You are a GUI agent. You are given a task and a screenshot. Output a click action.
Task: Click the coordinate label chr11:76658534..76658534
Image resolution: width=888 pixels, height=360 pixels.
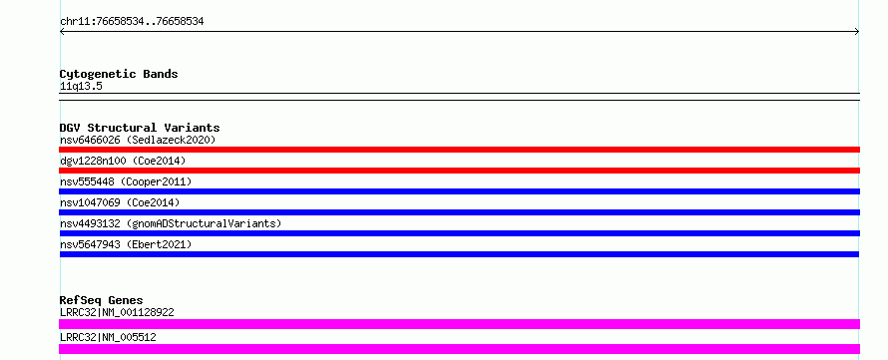[132, 22]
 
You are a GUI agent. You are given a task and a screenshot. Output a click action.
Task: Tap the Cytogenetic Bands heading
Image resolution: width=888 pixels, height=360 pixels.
[119, 74]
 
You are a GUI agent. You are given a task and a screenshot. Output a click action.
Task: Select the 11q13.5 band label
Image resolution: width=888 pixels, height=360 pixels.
[81, 86]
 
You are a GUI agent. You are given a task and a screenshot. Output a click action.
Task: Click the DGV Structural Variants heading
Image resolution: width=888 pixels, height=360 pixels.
[140, 128]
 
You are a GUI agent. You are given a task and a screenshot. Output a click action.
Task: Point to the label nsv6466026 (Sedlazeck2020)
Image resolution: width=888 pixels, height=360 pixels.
[138, 140]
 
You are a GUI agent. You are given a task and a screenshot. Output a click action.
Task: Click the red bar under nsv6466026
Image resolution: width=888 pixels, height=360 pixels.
[459, 150]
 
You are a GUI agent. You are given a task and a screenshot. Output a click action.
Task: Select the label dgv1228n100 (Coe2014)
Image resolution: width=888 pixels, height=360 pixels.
[123, 161]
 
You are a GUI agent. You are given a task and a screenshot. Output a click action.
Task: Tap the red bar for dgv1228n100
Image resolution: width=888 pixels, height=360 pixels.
[459, 171]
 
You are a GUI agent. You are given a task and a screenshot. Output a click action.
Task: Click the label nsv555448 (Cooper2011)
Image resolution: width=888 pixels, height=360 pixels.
[126, 181]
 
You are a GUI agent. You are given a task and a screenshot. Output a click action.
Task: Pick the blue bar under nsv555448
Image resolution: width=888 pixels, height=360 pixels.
[459, 191]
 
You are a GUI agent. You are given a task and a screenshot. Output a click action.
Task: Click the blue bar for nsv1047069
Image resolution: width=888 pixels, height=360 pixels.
[459, 212]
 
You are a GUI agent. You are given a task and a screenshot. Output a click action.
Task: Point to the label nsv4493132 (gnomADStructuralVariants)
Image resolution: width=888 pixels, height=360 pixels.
[171, 223]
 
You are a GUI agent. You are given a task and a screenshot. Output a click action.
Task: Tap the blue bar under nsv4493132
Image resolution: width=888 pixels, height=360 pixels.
[459, 233]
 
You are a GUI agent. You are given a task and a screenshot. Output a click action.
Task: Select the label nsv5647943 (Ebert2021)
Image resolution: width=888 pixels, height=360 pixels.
[126, 244]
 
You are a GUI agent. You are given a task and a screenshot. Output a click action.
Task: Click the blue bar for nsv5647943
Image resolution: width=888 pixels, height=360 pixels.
[459, 254]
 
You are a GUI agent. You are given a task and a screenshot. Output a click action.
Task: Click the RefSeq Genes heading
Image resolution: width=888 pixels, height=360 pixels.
[102, 300]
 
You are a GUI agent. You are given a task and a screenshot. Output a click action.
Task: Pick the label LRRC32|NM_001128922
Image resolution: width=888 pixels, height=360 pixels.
[117, 312]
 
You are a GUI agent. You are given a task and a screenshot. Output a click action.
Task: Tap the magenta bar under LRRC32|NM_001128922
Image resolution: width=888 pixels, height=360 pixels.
[459, 324]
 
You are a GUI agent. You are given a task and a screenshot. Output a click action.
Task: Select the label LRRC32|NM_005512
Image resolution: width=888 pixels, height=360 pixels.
[108, 337]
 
